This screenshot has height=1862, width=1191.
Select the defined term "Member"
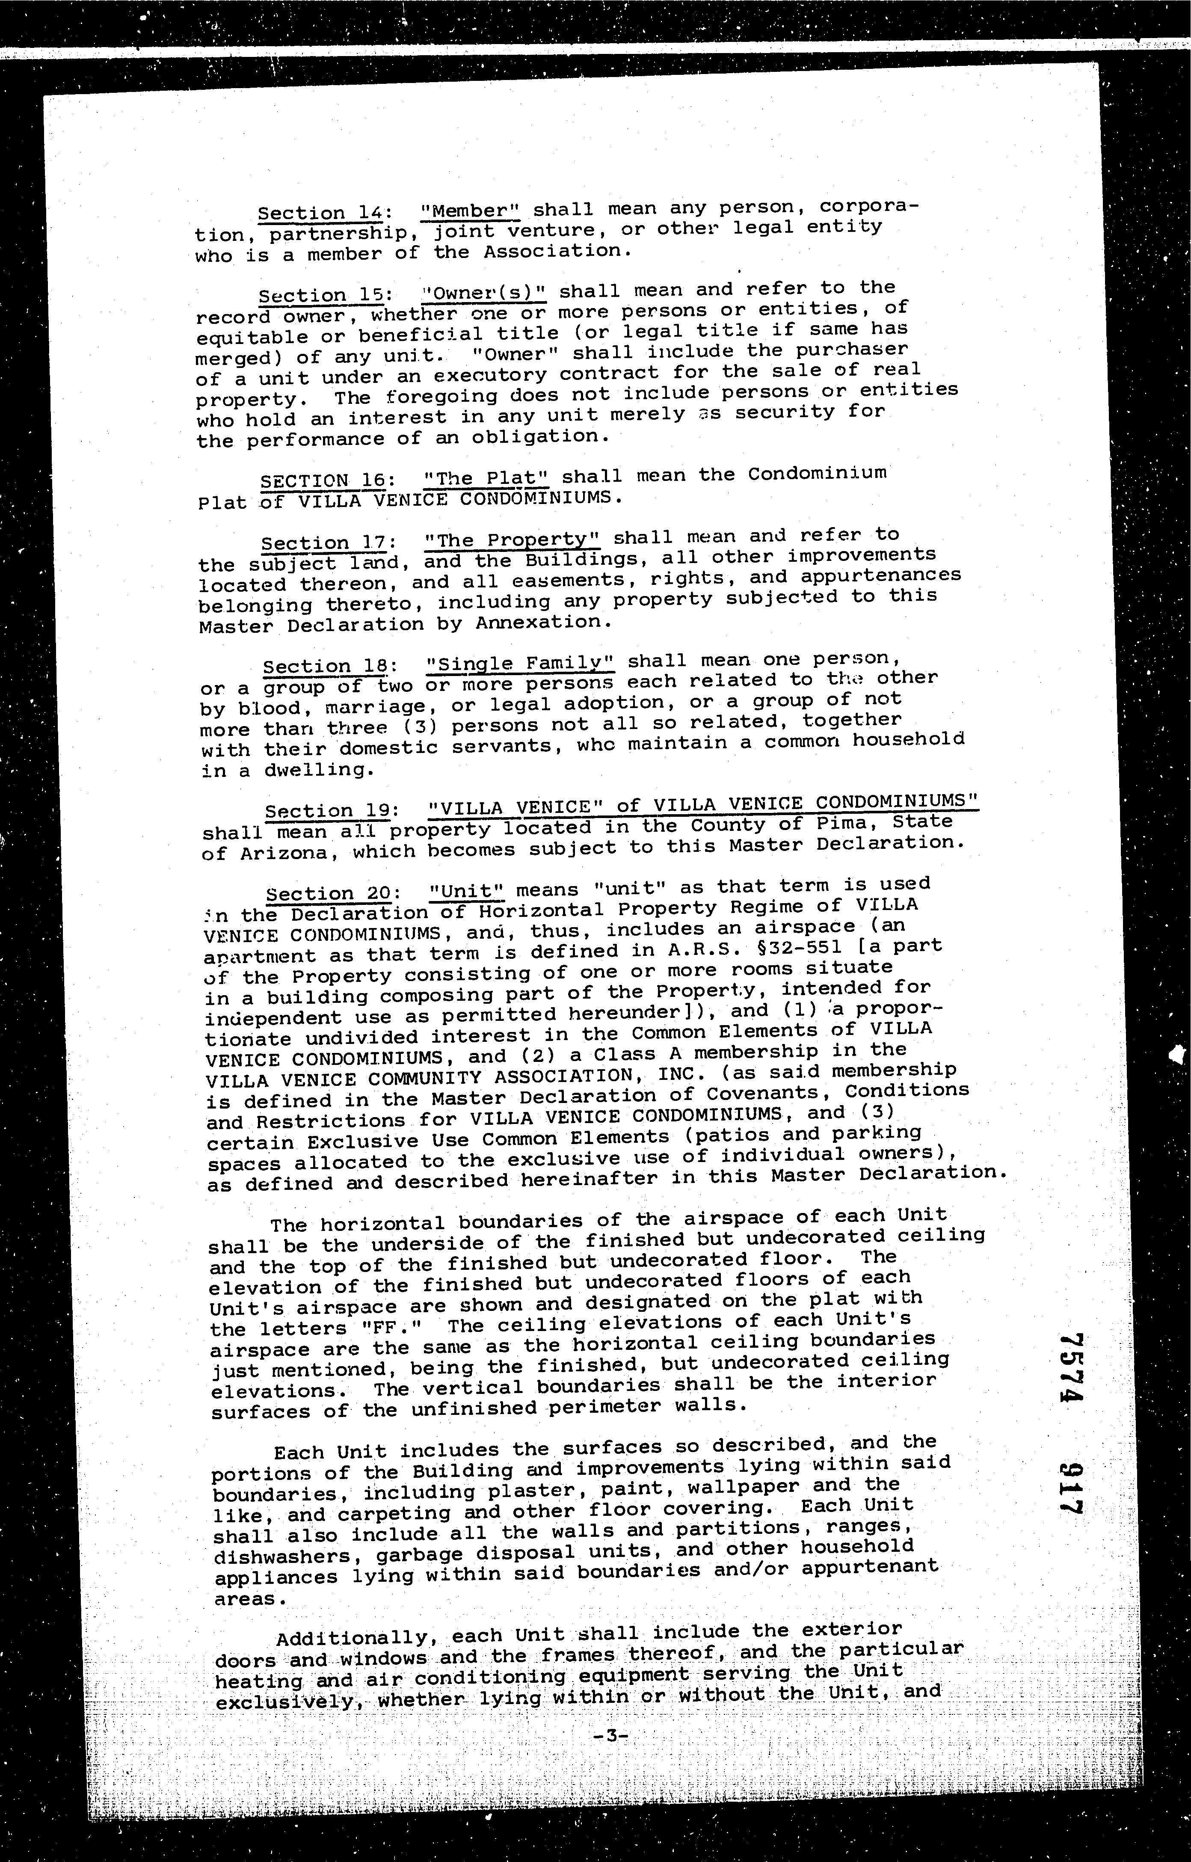(471, 211)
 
